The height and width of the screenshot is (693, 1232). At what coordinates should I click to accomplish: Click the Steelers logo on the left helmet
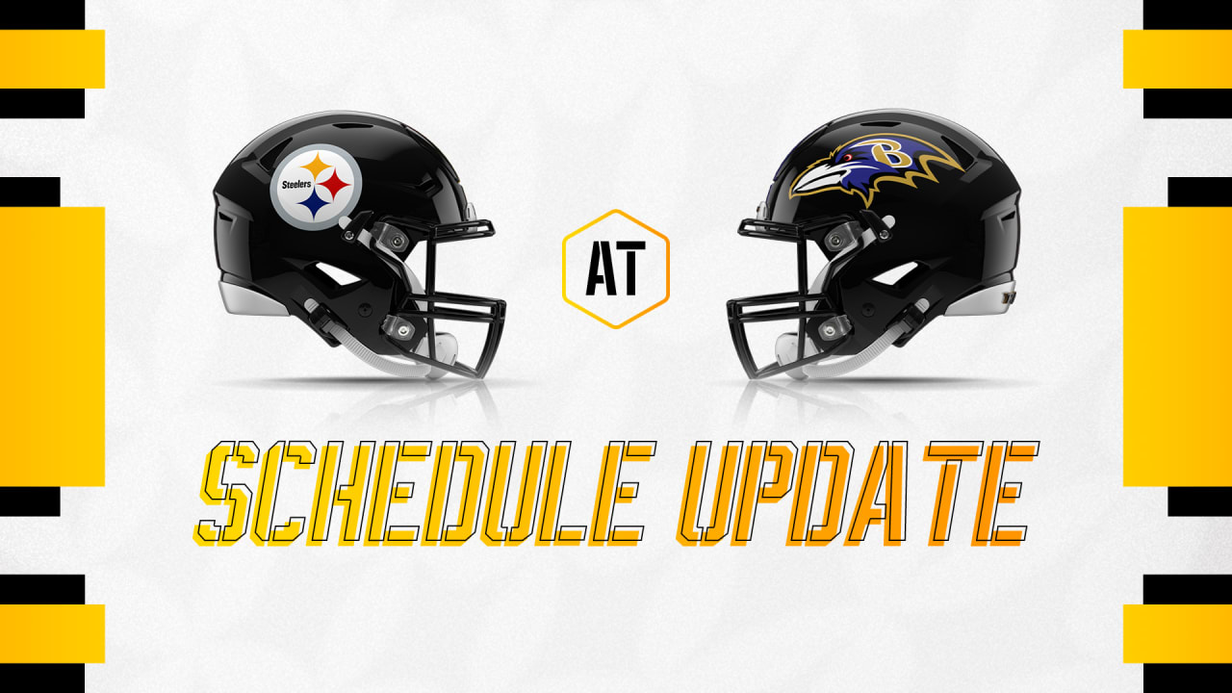click(x=316, y=187)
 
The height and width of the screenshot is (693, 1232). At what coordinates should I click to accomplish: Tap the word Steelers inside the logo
click(x=296, y=184)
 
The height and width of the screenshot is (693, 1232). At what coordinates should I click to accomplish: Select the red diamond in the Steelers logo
click(x=334, y=184)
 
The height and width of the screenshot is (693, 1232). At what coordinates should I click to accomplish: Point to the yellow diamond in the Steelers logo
click(x=316, y=167)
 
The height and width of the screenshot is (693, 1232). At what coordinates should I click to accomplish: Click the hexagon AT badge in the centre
click(x=615, y=269)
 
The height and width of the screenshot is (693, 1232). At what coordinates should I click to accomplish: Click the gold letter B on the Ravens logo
click(x=896, y=153)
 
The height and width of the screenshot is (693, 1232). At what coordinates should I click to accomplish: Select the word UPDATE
click(x=856, y=492)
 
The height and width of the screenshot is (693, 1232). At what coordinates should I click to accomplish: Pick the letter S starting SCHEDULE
click(x=226, y=492)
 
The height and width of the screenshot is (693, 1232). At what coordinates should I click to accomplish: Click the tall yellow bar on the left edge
click(x=52, y=346)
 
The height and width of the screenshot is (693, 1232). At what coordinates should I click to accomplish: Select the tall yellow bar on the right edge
click(x=1177, y=346)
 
